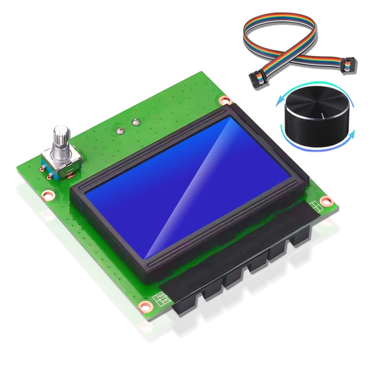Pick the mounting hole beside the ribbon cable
(224, 100)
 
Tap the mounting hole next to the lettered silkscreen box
(146, 305)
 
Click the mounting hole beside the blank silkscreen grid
(326, 201)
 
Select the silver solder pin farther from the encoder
(135, 122)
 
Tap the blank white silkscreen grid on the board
(315, 204)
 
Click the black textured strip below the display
(239, 258)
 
